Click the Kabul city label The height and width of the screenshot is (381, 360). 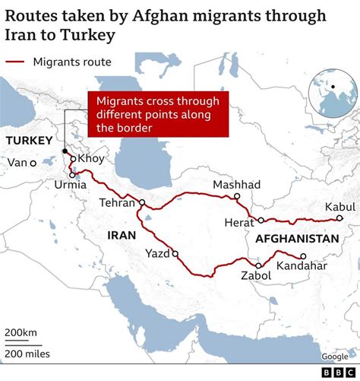(x=339, y=207)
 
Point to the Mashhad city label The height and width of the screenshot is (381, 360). (x=236, y=185)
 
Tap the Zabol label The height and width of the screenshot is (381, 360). (x=254, y=276)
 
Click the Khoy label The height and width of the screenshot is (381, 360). (x=91, y=158)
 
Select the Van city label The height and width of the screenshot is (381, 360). (x=16, y=163)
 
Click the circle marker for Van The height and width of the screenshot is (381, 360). (x=33, y=163)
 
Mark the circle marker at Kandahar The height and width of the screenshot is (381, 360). (x=303, y=256)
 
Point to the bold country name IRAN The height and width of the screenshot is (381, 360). (x=122, y=235)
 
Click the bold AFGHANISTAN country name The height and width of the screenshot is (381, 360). (x=297, y=239)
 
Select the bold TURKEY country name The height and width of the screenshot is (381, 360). (x=29, y=141)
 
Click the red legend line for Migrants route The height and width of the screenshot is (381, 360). (x=16, y=62)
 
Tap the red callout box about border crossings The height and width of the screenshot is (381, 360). (x=158, y=115)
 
